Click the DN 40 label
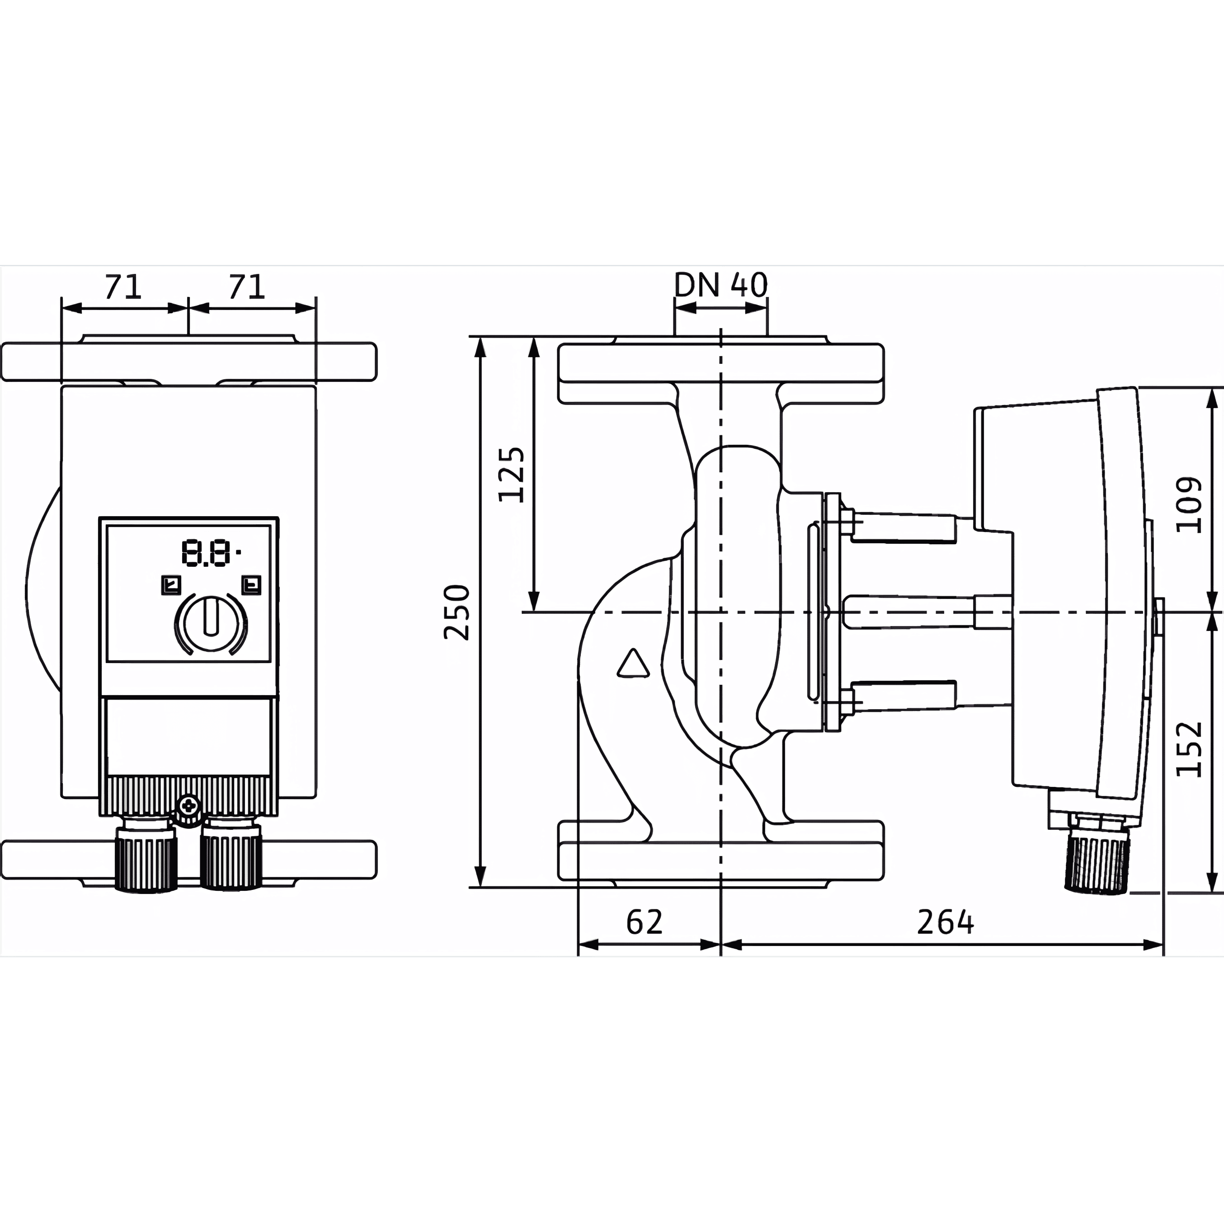720,285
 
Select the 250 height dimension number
457,612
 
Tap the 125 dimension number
511,475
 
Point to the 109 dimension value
1189,505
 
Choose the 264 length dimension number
945,923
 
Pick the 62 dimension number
644,923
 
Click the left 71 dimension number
123,287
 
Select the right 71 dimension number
246,287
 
